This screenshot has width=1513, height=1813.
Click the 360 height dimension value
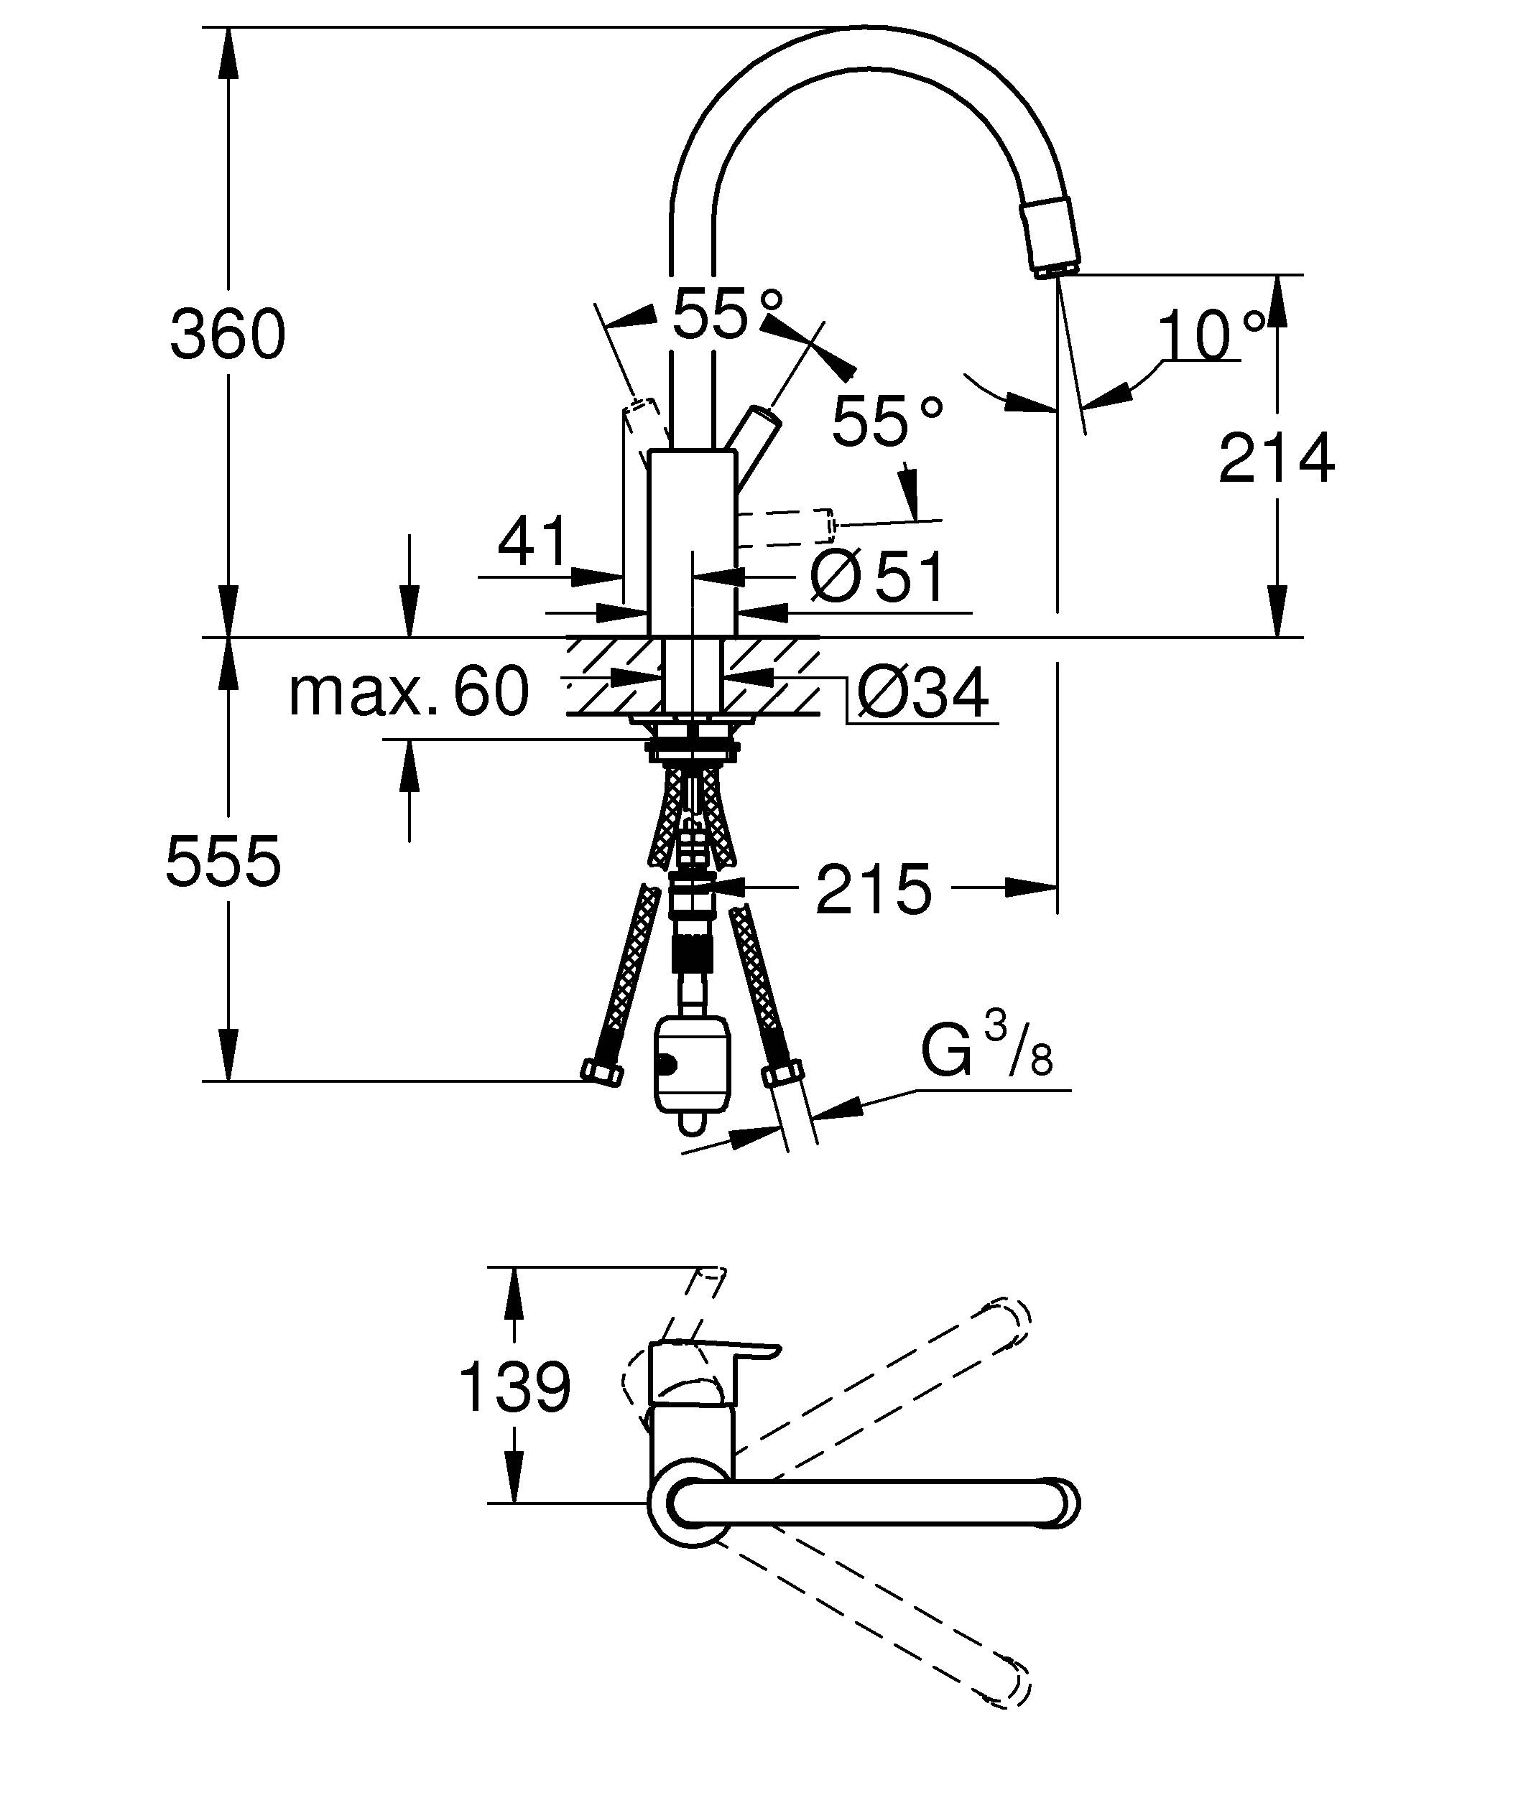click(x=227, y=335)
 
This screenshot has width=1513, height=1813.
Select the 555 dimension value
click(x=223, y=861)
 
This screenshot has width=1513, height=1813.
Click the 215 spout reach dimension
click(x=873, y=889)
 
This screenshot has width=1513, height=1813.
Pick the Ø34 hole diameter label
click(x=922, y=694)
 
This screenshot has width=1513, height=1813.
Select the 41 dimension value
click(x=533, y=541)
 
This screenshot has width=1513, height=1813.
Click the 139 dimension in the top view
click(x=514, y=1387)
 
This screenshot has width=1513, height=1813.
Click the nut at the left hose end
click(x=602, y=1073)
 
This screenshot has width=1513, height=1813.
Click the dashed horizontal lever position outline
click(x=786, y=528)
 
